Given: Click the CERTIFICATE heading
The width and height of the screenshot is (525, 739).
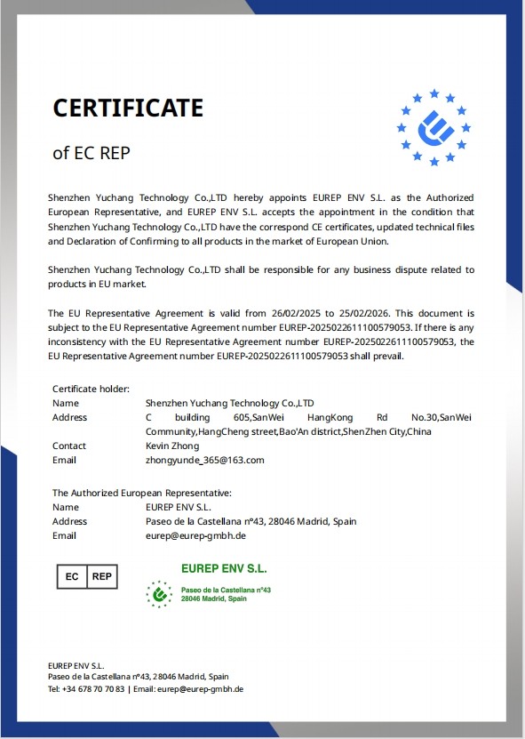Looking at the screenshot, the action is tap(128, 108).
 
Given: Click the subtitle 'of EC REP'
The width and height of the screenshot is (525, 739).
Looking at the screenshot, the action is tap(91, 152).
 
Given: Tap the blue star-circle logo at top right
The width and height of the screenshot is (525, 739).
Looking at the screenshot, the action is tap(434, 127).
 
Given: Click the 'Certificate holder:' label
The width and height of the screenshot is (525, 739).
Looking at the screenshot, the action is tap(91, 389).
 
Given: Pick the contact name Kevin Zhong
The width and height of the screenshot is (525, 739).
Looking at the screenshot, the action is tap(173, 446).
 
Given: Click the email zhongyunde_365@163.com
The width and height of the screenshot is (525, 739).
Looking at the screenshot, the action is tap(204, 460).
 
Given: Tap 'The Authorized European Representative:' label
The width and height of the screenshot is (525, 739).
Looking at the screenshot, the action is tap(142, 492).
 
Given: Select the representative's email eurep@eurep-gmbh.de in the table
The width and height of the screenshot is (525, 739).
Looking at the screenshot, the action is tap(195, 535).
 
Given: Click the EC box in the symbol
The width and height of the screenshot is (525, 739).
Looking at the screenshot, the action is tap(72, 576).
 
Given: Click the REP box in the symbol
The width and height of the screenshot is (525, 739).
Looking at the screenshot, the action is tap(102, 576).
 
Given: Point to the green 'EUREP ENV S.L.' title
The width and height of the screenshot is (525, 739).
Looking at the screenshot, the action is tap(224, 567).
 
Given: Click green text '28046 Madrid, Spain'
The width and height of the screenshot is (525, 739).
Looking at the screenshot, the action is tap(214, 599).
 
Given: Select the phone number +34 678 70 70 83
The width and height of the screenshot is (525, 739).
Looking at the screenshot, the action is tap(94, 688).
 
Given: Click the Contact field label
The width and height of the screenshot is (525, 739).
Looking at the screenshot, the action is tap(69, 446).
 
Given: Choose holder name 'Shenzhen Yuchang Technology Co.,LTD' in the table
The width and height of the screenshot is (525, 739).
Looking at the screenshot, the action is tap(229, 403).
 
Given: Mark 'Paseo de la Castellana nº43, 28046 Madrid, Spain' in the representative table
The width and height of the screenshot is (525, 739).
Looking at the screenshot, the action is tap(251, 521).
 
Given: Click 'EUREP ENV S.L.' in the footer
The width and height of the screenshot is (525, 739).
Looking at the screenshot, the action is tap(76, 664).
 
